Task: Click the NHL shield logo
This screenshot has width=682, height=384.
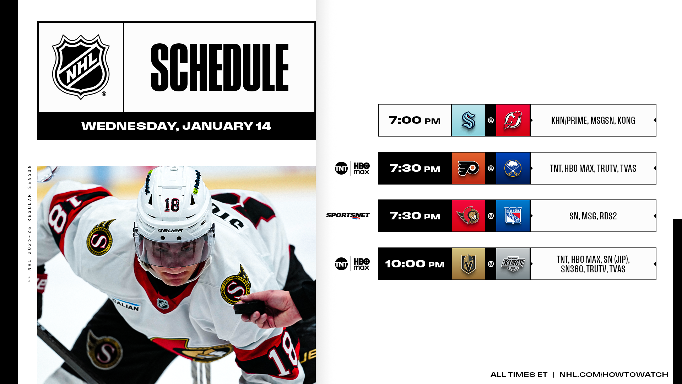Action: tap(81, 67)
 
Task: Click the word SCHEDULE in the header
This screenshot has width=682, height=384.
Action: tap(220, 68)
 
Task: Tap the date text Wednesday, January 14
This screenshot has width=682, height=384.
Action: tap(176, 126)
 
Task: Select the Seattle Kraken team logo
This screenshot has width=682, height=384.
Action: tap(468, 120)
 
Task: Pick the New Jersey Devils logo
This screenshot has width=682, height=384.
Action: tap(513, 120)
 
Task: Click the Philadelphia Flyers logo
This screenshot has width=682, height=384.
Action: tap(468, 168)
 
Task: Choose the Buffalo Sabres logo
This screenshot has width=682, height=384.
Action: tap(513, 168)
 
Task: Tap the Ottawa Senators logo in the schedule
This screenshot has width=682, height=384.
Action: tap(468, 216)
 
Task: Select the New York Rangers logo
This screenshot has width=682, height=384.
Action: tap(513, 216)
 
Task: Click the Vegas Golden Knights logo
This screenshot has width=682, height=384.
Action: tap(468, 264)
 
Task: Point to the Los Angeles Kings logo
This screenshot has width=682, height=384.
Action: tap(513, 264)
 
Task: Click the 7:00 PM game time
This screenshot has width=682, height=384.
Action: tap(415, 120)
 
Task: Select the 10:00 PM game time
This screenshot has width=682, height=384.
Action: tap(415, 264)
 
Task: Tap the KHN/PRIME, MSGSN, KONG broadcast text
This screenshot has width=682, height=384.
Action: tap(593, 120)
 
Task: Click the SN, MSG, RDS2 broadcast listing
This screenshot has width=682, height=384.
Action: tap(593, 216)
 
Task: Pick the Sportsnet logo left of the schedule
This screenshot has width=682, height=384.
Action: tap(348, 216)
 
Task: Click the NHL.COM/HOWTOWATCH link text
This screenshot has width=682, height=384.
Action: tap(613, 374)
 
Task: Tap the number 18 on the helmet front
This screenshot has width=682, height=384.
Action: tap(172, 205)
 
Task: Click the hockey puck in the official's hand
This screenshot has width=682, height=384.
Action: tap(249, 308)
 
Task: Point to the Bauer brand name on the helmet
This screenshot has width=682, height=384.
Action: tap(170, 230)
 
